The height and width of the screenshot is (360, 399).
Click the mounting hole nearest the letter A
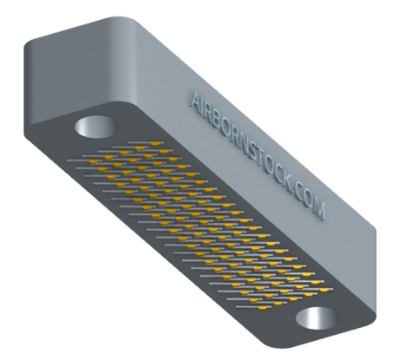click(95, 127)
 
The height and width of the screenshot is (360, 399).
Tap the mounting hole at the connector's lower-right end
click(317, 318)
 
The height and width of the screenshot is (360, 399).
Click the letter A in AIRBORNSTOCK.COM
click(197, 101)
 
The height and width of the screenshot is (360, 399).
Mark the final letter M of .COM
click(318, 211)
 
